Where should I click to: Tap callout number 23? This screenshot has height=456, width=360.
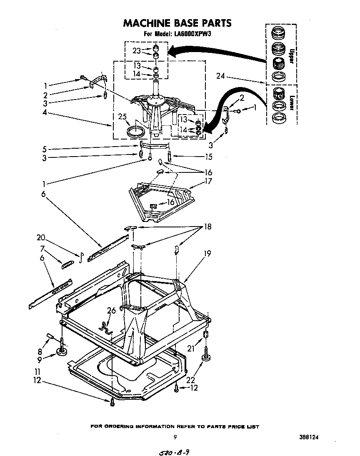(x=137, y=51)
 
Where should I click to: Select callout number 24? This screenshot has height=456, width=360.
(x=221, y=76)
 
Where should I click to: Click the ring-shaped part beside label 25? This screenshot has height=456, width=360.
(x=136, y=132)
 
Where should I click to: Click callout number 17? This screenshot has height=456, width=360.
(x=208, y=182)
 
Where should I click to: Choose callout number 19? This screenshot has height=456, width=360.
(x=207, y=253)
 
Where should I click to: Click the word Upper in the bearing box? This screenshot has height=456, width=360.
(x=292, y=56)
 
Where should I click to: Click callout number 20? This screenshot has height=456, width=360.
(x=40, y=238)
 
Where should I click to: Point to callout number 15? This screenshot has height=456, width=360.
(x=208, y=157)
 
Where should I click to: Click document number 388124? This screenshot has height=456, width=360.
(x=311, y=438)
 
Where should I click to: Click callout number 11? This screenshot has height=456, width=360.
(x=37, y=371)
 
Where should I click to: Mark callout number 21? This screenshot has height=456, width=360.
(x=191, y=349)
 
